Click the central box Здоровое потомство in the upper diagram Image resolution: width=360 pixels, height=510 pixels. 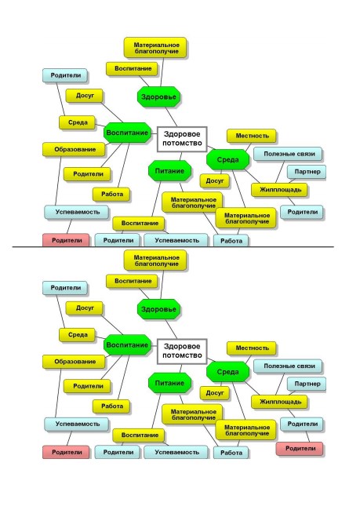(182, 139)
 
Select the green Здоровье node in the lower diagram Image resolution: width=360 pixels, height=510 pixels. (158, 309)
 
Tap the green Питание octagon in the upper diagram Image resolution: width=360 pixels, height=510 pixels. (169, 171)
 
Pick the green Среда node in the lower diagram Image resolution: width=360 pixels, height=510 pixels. (227, 372)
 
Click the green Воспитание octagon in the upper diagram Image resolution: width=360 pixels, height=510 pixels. (127, 133)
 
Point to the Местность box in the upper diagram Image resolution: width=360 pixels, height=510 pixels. (252, 136)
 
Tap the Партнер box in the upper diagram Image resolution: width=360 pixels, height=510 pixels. (307, 171)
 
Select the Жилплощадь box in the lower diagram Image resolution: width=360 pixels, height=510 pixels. (279, 402)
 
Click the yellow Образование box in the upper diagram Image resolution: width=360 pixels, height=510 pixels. (75, 149)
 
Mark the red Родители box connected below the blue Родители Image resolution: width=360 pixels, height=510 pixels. (300, 448)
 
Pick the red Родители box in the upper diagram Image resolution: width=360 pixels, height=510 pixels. (66, 240)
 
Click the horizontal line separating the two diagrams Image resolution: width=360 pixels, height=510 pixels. (173, 247)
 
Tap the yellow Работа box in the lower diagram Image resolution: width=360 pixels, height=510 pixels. (112, 406)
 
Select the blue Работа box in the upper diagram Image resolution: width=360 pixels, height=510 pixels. (231, 241)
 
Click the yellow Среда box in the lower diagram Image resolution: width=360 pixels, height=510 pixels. (78, 335)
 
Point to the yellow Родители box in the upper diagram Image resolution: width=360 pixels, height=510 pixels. (87, 174)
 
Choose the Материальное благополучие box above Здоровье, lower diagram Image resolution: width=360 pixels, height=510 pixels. (155, 260)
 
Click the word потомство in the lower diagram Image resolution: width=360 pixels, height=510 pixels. (182, 355)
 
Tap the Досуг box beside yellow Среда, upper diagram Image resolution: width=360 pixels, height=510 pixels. (85, 96)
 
